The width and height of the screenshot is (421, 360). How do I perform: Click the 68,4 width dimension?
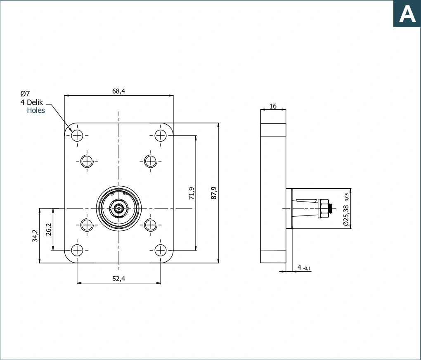pos(119,91)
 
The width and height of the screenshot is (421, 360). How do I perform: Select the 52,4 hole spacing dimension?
pos(119,279)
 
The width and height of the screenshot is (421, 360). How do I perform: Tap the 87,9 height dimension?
pos(214,193)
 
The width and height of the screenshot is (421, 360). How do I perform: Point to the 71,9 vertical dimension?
pos(192,193)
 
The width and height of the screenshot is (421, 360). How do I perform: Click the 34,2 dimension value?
pos(35,236)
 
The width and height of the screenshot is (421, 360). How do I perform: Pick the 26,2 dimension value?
pos(49,229)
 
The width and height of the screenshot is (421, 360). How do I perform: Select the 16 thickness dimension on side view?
pos(273,106)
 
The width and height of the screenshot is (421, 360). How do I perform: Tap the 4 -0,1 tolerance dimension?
pos(304,268)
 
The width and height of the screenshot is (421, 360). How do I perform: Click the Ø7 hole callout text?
pos(25,93)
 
